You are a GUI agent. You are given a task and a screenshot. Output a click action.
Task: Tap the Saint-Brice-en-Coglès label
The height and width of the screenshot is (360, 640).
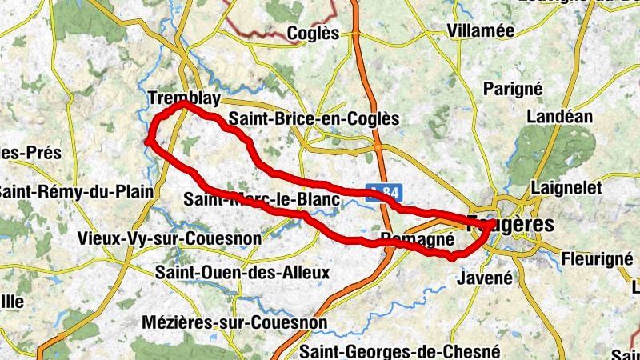tap(314, 118)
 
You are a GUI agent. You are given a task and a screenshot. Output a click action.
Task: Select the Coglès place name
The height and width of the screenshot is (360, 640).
tap(313, 34)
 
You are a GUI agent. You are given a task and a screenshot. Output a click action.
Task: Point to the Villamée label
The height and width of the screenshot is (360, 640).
tap(458, 31)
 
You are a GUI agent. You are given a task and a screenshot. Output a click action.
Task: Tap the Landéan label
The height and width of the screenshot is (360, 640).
tap(561, 116)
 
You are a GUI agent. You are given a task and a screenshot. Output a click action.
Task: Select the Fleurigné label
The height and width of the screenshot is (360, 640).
tap(597, 259)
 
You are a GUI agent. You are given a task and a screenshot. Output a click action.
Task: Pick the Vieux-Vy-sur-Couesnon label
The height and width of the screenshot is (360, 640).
tap(158, 238)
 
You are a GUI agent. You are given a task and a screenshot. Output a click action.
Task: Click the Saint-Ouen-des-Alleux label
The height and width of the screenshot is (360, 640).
tap(243, 272)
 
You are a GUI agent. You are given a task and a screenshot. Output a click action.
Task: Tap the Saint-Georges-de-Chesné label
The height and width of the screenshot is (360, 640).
tap(399, 351)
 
